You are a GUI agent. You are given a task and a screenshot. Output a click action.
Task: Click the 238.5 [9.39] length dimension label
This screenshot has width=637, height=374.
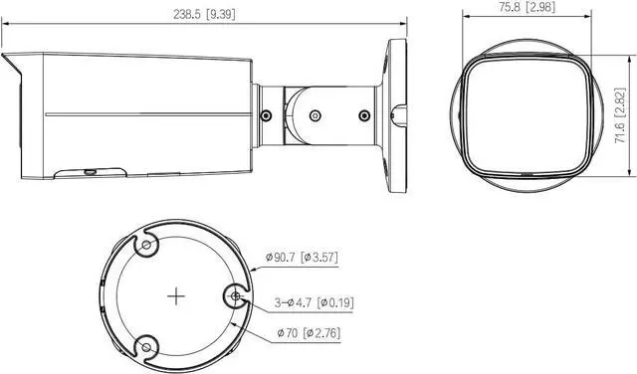pos(204,14)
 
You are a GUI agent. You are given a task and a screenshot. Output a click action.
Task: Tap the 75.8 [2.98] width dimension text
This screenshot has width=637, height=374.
pos(527,7)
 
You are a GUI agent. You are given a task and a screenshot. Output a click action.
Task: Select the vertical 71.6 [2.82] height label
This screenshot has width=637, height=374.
pos(620,115)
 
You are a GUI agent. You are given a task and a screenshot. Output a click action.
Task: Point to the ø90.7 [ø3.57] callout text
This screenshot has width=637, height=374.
pos(302,257)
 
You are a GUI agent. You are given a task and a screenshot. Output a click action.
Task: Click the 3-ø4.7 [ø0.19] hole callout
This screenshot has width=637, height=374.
pos(315,302)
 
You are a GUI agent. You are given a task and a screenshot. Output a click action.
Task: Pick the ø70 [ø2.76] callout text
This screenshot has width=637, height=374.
pos(309,333)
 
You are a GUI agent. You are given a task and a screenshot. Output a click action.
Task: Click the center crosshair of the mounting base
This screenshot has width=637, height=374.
pos(176,296)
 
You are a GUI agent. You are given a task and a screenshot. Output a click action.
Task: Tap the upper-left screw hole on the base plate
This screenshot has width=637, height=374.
pos(146,245)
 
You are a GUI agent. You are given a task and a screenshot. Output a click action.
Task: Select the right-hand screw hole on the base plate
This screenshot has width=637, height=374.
pos(236,296)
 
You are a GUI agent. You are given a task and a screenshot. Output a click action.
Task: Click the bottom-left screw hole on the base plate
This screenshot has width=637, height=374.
pos(146,347)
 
